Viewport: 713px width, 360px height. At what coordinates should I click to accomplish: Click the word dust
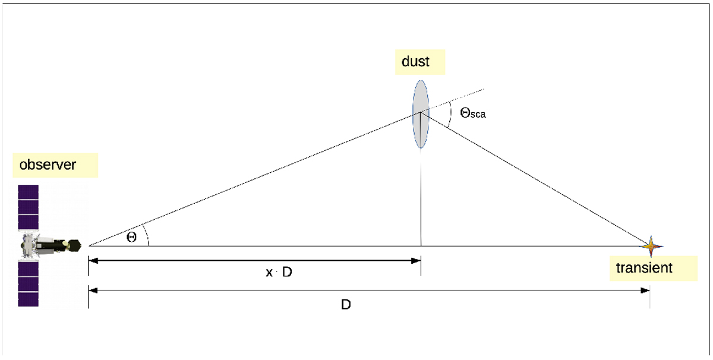415,61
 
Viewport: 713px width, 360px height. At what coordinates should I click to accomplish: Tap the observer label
48,165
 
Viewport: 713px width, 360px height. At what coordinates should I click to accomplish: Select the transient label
644,268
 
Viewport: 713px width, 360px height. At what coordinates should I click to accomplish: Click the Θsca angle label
473,113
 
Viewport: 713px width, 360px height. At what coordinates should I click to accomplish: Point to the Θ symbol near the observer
131,237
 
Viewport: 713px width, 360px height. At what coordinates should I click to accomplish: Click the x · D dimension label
279,272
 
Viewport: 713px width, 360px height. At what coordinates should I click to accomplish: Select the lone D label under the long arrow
346,305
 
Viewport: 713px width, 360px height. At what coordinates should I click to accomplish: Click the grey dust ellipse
421,114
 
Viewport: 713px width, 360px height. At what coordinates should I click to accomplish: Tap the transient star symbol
651,246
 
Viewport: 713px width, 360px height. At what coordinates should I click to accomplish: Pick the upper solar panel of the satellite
29,207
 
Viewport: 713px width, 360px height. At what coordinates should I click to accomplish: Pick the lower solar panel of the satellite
29,284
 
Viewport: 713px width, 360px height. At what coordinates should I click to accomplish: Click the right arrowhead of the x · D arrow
416,261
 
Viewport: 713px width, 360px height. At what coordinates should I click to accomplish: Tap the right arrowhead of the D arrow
645,290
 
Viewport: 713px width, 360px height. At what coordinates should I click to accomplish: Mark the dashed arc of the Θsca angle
450,114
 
